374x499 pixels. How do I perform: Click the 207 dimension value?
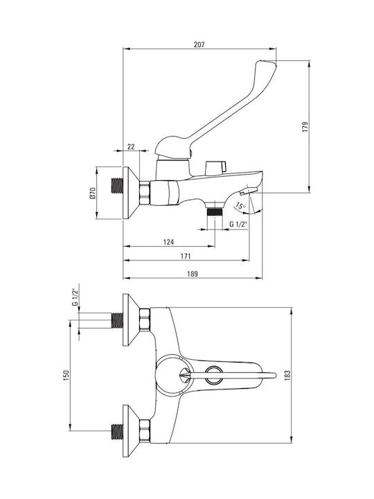[x=199, y=44]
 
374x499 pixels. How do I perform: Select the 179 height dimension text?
[x=305, y=127]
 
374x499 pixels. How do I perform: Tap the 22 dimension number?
[x=131, y=147]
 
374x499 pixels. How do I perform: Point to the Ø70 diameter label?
[x=92, y=193]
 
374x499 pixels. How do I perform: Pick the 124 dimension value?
[x=168, y=242]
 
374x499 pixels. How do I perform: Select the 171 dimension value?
[x=186, y=256]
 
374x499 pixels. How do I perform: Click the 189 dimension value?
[x=192, y=274]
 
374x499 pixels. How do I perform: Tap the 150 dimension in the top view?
[x=66, y=376]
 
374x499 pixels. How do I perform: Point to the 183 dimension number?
[x=288, y=376]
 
